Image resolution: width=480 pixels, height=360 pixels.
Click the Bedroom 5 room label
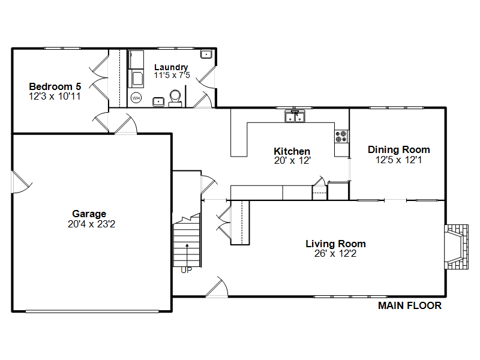click(55, 86)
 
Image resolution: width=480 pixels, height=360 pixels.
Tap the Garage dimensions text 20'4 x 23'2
click(92, 224)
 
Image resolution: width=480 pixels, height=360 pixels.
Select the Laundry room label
click(171, 67)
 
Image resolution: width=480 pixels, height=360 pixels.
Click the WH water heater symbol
click(136, 98)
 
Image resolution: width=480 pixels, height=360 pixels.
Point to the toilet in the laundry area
click(175, 98)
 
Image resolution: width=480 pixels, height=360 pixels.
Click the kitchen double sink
click(295, 116)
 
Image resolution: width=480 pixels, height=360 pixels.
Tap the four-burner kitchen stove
click(341, 137)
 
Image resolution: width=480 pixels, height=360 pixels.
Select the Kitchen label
click(292, 151)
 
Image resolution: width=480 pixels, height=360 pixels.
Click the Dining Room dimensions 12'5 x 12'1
click(399, 160)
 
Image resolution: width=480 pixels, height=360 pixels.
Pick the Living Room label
click(335, 244)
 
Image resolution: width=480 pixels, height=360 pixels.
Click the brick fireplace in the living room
click(456, 247)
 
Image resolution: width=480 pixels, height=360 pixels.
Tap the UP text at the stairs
click(187, 270)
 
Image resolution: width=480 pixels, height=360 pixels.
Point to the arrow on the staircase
click(187, 254)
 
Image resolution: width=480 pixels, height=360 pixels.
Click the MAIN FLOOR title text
click(410, 305)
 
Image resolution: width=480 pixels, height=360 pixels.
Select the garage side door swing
click(22, 182)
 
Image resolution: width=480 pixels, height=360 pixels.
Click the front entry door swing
click(217, 287)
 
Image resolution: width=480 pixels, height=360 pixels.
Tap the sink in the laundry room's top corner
click(206, 54)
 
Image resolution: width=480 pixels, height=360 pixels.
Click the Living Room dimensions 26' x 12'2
click(335, 253)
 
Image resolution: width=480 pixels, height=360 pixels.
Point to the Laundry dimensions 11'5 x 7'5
click(172, 76)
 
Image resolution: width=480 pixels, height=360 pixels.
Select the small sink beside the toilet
click(158, 101)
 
